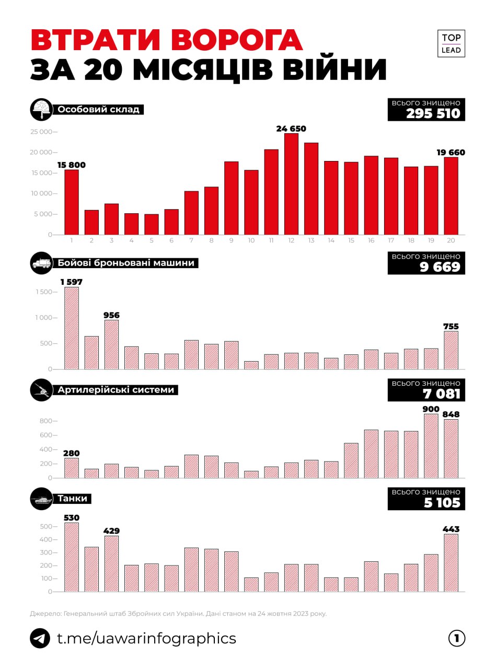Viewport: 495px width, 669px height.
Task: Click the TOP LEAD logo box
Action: (451, 44)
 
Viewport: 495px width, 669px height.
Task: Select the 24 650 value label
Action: (291, 129)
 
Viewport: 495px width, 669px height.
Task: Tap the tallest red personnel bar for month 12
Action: (291, 184)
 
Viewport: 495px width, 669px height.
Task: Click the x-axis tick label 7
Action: (191, 241)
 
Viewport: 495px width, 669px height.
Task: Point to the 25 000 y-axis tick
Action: (41, 132)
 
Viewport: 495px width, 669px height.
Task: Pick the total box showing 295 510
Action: (426, 109)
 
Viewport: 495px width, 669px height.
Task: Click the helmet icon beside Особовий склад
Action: (41, 110)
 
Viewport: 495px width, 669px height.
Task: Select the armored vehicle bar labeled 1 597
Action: (72, 328)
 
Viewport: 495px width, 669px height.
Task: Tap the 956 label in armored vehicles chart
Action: (111, 315)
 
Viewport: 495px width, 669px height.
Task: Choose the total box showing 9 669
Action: (426, 263)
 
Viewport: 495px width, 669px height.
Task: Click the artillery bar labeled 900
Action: (431, 446)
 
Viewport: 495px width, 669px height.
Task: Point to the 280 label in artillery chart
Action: (72, 453)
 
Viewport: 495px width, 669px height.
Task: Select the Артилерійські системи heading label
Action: (116, 390)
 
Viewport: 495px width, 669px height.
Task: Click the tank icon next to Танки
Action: (41, 499)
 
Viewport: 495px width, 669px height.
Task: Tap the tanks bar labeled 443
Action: (451, 562)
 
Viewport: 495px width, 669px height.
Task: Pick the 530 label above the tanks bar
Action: (72, 518)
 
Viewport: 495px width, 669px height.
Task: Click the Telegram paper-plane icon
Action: (40, 638)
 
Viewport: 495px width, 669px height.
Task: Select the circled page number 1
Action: (456, 638)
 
